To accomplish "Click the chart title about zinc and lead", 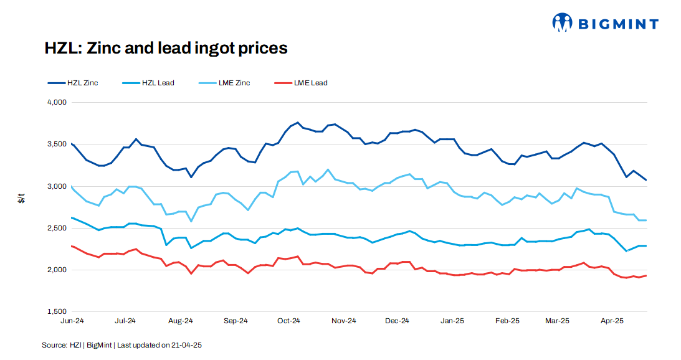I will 166,48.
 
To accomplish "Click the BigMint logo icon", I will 562,23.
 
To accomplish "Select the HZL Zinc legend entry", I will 72,83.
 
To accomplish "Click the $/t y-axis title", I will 21,199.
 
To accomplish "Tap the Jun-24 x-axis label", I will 72,321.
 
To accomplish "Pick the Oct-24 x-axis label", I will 289,321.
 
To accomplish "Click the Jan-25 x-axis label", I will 452,321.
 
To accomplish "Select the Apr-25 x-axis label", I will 612,321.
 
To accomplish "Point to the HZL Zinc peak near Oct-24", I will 297,123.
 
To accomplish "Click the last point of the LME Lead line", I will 646,275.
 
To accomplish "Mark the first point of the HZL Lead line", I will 72,217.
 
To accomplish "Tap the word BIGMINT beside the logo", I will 617,24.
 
